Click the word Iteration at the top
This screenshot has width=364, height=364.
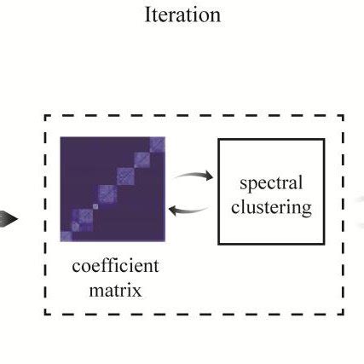[x=182, y=15]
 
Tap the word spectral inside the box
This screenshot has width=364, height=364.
[x=271, y=183]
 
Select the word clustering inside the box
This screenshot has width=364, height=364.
[x=271, y=206]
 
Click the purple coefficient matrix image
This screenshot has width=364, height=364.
[x=113, y=189]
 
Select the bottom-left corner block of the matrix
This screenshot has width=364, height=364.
[x=66, y=233]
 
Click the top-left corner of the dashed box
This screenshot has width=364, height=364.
[x=45, y=116]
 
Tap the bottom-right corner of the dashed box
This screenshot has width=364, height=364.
[x=344, y=313]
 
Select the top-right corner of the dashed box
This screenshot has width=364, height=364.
[x=344, y=116]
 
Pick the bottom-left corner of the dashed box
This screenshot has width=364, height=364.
[x=45, y=313]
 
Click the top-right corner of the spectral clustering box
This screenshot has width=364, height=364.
[x=324, y=138]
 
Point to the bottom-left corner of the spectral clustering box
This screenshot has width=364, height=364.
[x=219, y=243]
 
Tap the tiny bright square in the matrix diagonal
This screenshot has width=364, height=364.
[x=95, y=205]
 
